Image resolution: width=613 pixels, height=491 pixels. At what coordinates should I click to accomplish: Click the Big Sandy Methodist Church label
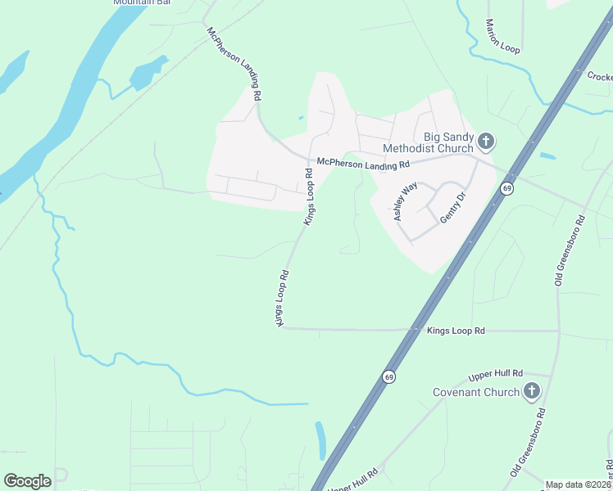(x=447, y=142)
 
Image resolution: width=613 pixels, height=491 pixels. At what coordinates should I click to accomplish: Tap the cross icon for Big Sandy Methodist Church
(x=486, y=142)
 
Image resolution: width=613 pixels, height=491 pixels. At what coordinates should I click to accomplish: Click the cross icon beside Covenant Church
(x=532, y=391)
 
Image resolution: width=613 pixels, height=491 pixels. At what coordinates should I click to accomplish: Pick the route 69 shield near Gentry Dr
(x=507, y=189)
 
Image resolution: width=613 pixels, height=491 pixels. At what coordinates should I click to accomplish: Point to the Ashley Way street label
(x=404, y=201)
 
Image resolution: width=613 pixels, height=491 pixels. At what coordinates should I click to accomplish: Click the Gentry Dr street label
(x=452, y=208)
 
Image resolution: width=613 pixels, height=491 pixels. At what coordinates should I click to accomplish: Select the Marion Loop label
(x=502, y=37)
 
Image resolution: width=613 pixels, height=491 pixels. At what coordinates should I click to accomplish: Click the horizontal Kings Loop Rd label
(x=456, y=331)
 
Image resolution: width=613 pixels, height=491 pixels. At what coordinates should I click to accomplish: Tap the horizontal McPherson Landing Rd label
(x=363, y=164)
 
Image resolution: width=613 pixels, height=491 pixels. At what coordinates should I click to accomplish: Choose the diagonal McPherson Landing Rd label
(x=234, y=64)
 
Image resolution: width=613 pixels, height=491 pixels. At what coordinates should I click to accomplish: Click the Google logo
(x=27, y=481)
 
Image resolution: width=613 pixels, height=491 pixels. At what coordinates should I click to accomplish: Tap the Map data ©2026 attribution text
(x=578, y=484)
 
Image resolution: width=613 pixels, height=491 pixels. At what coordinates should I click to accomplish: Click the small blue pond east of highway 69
(x=547, y=155)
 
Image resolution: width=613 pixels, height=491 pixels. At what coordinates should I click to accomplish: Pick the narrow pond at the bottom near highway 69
(x=320, y=439)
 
